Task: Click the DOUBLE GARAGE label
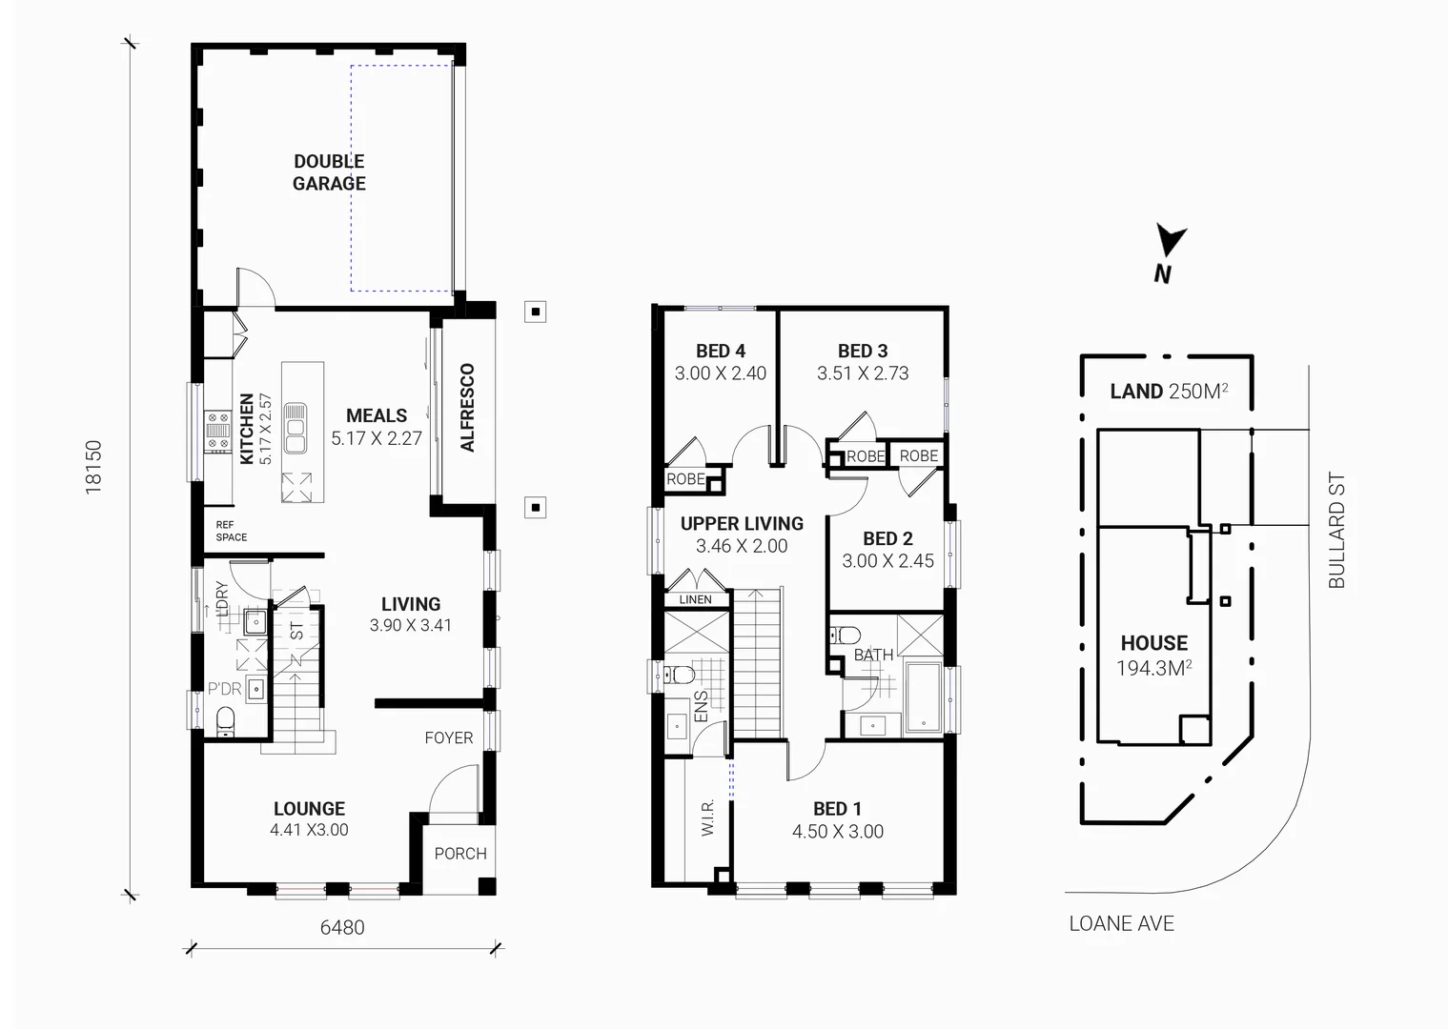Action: click(x=329, y=172)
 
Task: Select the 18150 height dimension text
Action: click(x=93, y=466)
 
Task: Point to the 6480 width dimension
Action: click(x=341, y=927)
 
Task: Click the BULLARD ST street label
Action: click(x=1336, y=531)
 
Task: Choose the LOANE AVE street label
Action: click(x=1121, y=923)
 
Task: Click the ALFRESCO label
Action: click(x=467, y=407)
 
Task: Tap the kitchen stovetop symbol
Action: click(x=218, y=430)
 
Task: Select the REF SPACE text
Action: click(x=231, y=531)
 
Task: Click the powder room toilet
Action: click(x=226, y=721)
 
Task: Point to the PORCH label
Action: click(x=460, y=854)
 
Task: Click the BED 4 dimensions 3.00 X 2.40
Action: click(x=720, y=373)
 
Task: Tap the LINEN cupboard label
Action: click(x=695, y=599)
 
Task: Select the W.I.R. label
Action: click(x=707, y=818)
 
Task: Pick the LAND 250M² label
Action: click(x=1168, y=391)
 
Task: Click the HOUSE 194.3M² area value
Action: click(x=1154, y=669)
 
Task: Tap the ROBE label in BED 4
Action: click(x=685, y=479)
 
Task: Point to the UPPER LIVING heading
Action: click(x=742, y=523)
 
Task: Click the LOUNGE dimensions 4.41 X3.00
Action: click(x=309, y=830)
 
